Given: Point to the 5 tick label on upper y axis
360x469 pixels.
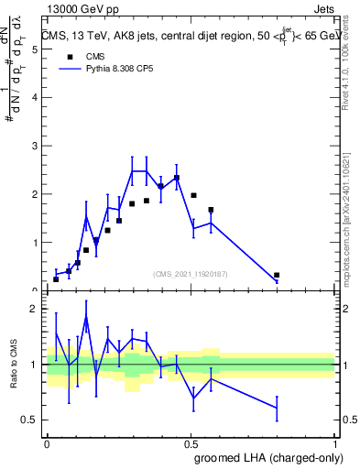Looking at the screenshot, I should tap(33, 49).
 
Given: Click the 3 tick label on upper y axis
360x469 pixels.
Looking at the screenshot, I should tap(33, 147).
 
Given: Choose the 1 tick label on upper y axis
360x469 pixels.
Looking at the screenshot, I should tap(33, 243).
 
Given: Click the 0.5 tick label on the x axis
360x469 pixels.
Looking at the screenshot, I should tap(191, 442).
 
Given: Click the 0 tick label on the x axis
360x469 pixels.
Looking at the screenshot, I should tap(47, 442).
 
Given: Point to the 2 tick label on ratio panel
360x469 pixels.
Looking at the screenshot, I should tap(33, 309).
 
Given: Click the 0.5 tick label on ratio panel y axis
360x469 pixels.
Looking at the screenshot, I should tap(29, 420).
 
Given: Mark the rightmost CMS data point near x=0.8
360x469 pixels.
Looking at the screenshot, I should tap(277, 275).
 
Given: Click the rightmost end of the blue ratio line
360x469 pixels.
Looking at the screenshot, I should tap(277, 408).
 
